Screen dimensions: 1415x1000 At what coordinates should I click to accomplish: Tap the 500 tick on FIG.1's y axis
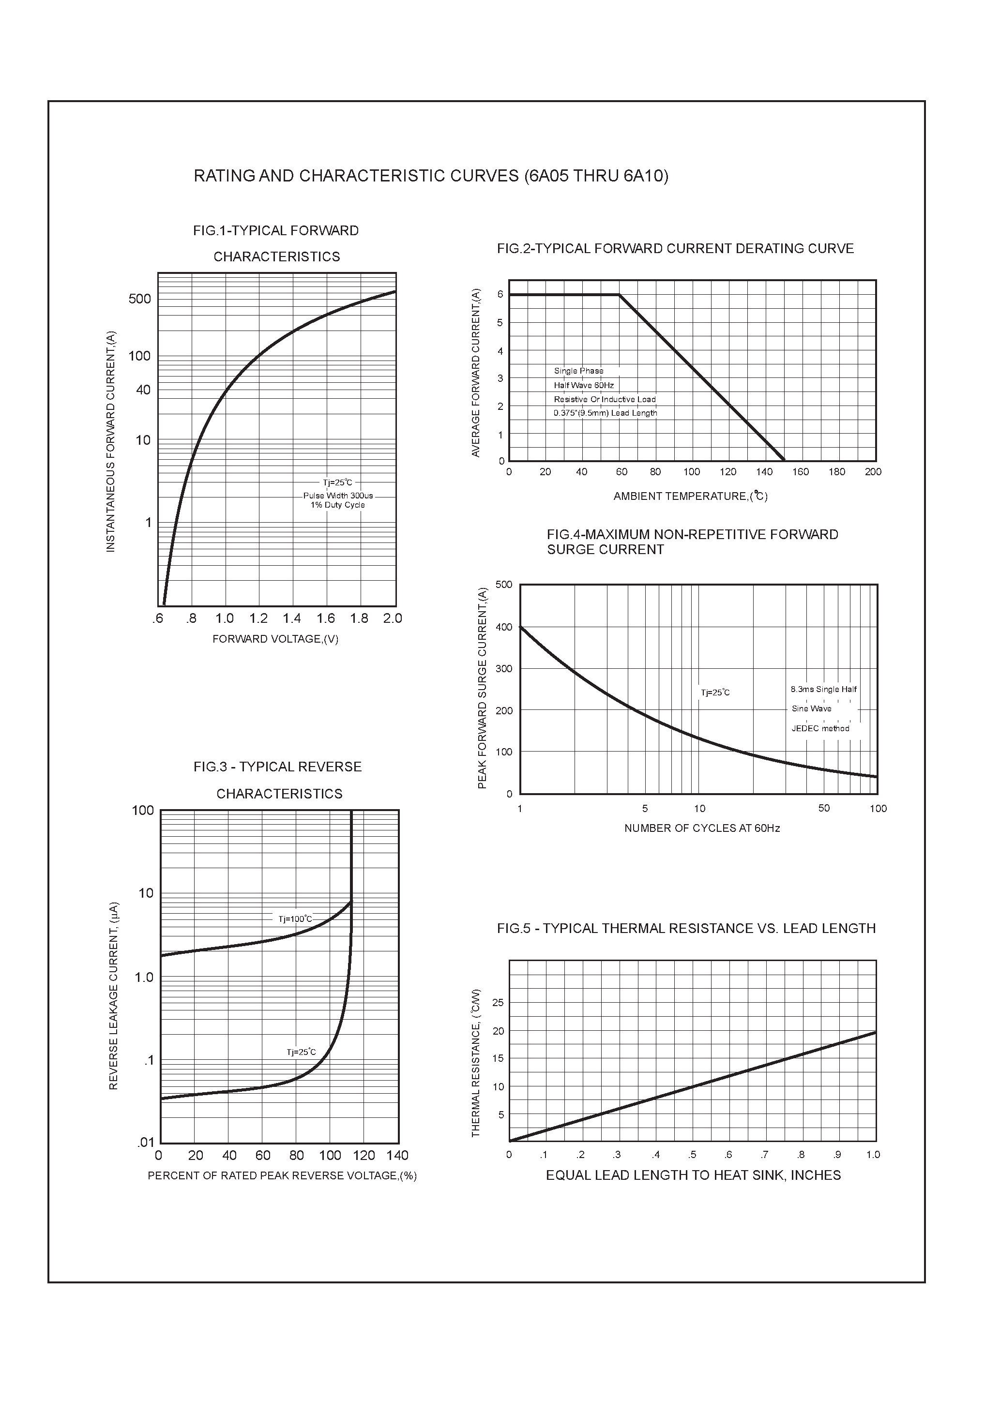[x=139, y=299]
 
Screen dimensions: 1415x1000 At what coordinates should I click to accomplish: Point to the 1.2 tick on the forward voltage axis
[x=258, y=618]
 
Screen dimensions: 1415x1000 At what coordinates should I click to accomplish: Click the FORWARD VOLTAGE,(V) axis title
[x=275, y=639]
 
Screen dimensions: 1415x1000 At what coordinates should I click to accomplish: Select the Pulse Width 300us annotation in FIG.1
[x=338, y=496]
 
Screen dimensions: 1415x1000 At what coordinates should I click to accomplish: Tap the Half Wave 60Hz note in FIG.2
[x=583, y=385]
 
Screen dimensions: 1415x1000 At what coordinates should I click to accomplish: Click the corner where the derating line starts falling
[x=619, y=295]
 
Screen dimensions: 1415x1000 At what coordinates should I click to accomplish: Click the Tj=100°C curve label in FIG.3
[x=295, y=919]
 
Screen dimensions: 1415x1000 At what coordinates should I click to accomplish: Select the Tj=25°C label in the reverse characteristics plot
[x=301, y=1052]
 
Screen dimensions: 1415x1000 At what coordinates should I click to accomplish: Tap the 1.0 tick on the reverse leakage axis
[x=144, y=978]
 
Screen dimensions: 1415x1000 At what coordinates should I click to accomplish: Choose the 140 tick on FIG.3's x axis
[x=398, y=1156]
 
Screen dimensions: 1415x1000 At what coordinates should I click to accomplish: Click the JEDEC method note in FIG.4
[x=820, y=728]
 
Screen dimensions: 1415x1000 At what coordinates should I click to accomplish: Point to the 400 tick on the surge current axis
[x=504, y=627]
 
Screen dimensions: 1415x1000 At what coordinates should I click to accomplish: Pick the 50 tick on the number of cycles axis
[x=824, y=809]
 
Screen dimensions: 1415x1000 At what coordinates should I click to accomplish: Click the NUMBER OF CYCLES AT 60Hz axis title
[x=702, y=828]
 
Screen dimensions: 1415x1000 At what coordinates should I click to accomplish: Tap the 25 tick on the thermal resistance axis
[x=498, y=1003]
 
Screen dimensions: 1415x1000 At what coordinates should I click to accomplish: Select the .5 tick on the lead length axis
[x=692, y=1155]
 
